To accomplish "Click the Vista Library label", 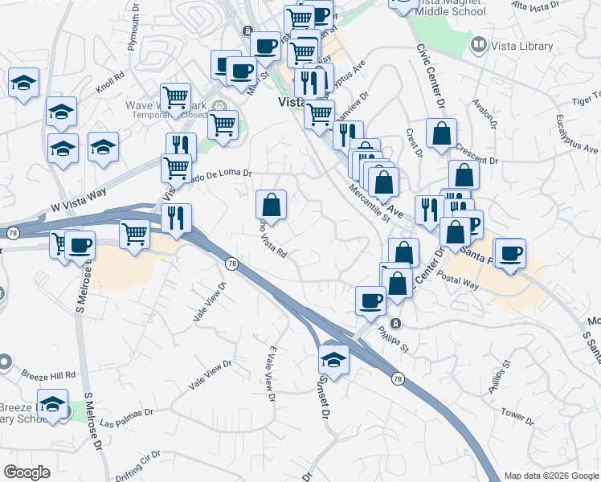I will (522, 46).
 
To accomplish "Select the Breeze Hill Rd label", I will (49, 375).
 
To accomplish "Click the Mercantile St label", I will (368, 204).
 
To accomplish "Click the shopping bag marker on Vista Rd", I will (272, 204).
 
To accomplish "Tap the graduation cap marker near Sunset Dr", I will (333, 357).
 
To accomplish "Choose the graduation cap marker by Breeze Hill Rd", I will (53, 405).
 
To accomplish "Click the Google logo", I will (27, 472).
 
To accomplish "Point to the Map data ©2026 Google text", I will (550, 476).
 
